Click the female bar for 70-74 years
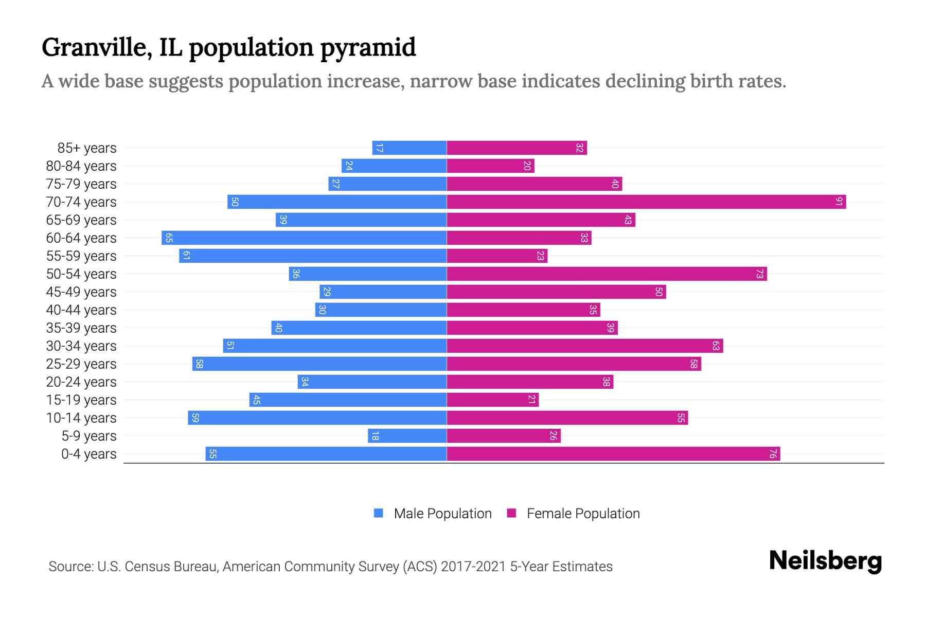click(x=646, y=202)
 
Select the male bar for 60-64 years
click(x=304, y=238)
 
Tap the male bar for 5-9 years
click(x=407, y=436)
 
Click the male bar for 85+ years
click(x=409, y=148)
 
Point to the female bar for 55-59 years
click(x=496, y=256)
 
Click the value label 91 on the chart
click(x=839, y=202)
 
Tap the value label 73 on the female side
click(x=759, y=274)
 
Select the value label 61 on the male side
click(x=186, y=256)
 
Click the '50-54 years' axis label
click(x=81, y=274)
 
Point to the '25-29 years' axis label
click(x=81, y=364)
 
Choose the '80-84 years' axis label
click(x=81, y=166)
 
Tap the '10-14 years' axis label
click(x=81, y=418)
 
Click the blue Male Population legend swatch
click(x=379, y=513)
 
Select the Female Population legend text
click(x=583, y=514)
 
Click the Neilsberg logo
click(x=825, y=561)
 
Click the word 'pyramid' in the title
click(x=367, y=48)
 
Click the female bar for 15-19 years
click(x=492, y=400)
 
